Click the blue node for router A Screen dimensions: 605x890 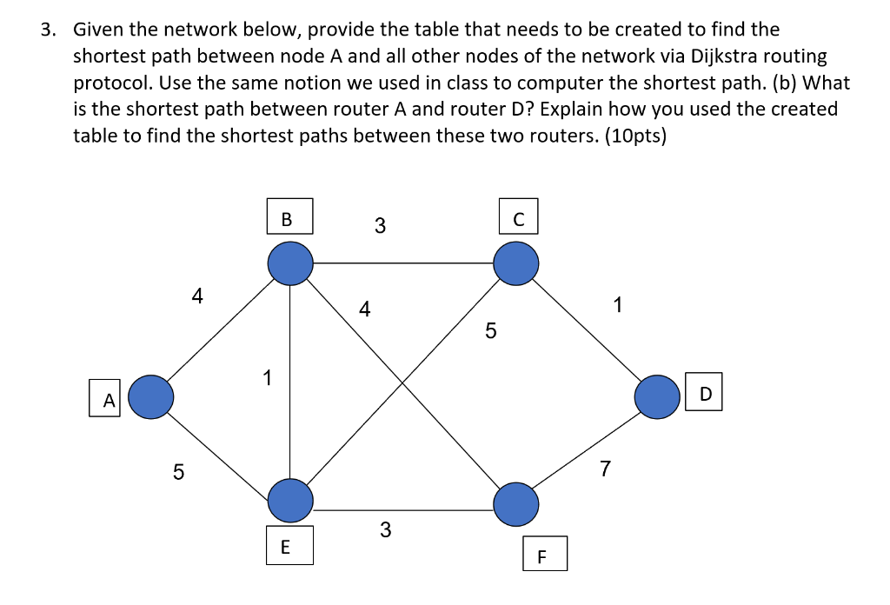click(151, 397)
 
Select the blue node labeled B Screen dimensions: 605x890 click(289, 263)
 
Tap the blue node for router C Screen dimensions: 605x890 click(516, 263)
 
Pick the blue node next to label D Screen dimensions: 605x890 click(656, 397)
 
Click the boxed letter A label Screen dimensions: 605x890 click(107, 400)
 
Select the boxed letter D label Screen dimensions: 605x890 click(705, 395)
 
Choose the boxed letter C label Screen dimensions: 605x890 click(519, 216)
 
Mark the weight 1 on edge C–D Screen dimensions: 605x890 click(617, 305)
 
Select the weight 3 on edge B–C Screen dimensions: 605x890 click(380, 226)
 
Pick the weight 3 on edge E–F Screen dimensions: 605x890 click(385, 529)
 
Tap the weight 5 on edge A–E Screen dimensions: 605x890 click(178, 472)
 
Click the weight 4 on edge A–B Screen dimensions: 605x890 click(197, 296)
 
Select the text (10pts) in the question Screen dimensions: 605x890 click(630, 136)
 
